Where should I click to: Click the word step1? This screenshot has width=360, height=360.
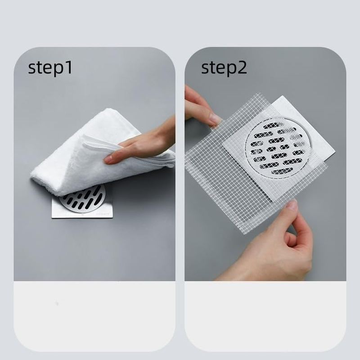pos(50,68)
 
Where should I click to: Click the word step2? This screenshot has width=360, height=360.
pos(224,68)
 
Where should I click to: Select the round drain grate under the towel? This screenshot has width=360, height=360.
pos(85,198)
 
